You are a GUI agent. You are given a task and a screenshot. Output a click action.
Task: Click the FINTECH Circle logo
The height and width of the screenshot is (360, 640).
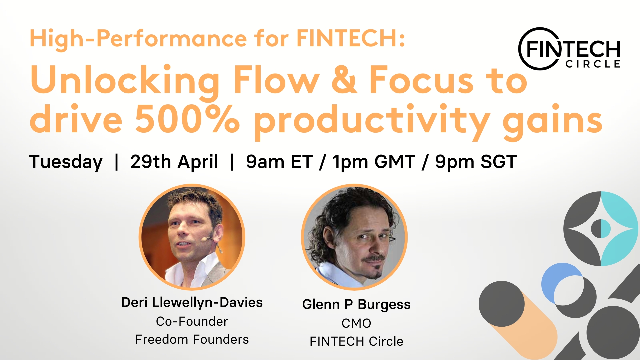coord(569,49)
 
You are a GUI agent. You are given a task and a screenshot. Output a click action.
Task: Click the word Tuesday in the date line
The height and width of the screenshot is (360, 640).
coord(66,162)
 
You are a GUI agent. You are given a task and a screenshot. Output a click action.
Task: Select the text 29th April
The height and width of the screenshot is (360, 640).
coord(174,162)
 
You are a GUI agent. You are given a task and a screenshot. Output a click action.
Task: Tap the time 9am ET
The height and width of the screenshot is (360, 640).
coord(279,162)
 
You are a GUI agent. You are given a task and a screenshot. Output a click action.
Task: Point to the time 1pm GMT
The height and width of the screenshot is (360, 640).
coord(374,162)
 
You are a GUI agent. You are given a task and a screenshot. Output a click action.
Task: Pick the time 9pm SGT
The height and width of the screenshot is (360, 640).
coord(476,162)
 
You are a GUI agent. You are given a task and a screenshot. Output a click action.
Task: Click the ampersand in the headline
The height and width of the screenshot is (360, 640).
coord(344,79)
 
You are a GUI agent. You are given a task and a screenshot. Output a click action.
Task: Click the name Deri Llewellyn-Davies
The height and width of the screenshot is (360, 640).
coord(192,303)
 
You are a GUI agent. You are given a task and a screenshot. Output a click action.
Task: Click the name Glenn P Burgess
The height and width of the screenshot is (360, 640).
coord(356,305)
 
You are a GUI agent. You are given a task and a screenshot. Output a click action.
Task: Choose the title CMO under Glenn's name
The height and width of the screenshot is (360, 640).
coord(356,323)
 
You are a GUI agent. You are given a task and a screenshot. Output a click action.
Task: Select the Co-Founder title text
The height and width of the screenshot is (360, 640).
coord(192,321)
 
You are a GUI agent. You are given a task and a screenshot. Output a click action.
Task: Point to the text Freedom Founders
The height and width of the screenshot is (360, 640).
coord(192,339)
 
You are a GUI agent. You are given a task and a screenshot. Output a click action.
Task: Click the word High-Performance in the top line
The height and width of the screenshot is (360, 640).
coord(138,39)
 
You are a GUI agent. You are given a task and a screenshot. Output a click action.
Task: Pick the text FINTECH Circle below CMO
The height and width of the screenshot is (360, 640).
coord(356,341)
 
